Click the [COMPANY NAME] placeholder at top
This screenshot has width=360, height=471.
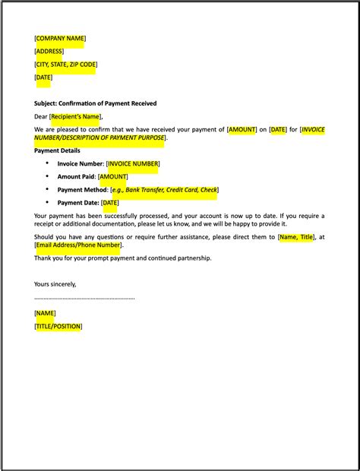[60, 38]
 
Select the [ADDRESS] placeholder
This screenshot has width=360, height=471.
[49, 51]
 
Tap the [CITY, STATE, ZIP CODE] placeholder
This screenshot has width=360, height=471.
[65, 64]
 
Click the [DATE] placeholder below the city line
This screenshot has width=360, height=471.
[43, 77]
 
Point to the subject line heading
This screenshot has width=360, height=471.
[95, 103]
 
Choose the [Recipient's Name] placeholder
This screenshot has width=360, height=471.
[75, 116]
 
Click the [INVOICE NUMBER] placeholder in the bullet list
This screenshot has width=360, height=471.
[133, 163]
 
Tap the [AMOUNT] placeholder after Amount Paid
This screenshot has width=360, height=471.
[113, 176]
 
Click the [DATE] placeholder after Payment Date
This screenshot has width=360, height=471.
[110, 203]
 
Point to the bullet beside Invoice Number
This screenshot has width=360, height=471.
[47, 163]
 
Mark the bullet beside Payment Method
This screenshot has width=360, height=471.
[47, 189]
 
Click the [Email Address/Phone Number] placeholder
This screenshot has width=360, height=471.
[78, 245]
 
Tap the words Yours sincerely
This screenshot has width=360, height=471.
[55, 284]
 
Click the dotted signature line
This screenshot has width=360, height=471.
[84, 298]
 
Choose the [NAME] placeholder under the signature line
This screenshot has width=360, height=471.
[45, 313]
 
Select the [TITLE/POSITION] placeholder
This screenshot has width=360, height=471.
[58, 326]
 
